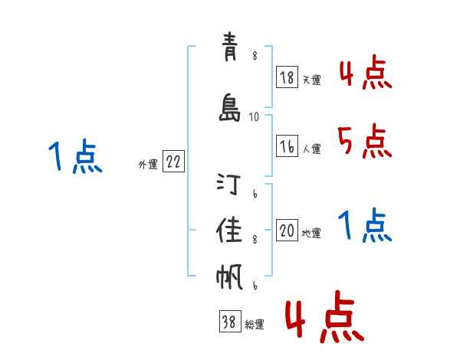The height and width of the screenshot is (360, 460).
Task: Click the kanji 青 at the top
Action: pyautogui.click(x=229, y=51)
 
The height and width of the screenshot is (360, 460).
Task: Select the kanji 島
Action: pyautogui.click(x=229, y=108)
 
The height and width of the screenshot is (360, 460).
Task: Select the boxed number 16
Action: pyautogui.click(x=287, y=146)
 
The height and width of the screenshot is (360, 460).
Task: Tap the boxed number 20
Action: pyautogui.click(x=287, y=231)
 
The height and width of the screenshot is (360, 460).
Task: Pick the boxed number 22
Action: pyautogui.click(x=173, y=162)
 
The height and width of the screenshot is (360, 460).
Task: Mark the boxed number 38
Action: pyautogui.click(x=228, y=322)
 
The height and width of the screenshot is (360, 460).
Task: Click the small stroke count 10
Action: pyautogui.click(x=255, y=117)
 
